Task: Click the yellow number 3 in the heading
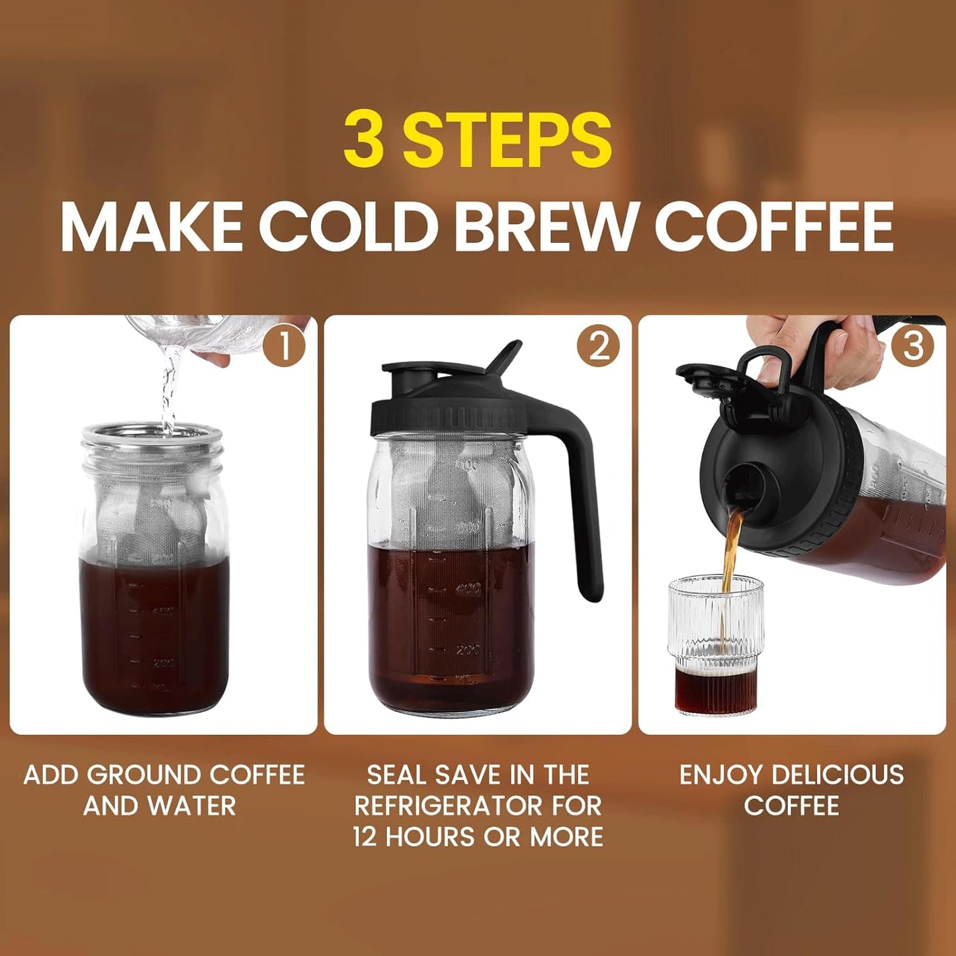tap(364, 140)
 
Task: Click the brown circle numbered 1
tap(284, 346)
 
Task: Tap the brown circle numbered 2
tap(598, 346)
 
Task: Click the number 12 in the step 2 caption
tap(365, 837)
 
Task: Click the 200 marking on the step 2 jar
tap(467, 649)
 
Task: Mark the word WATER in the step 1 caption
tap(192, 806)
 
